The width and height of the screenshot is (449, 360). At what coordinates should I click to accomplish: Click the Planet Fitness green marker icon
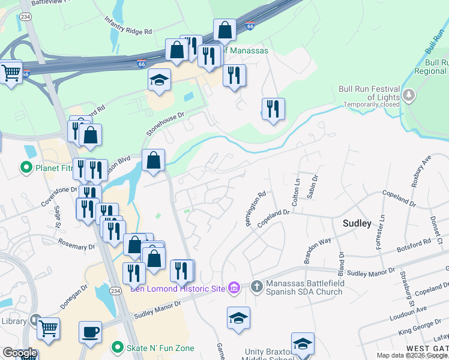26,167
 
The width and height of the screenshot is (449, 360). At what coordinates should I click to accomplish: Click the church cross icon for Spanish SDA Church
256,286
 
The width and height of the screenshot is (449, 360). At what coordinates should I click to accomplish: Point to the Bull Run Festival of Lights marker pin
409,95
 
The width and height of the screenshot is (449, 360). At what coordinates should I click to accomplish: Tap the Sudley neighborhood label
357,223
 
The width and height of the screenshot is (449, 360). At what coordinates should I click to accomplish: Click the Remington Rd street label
255,209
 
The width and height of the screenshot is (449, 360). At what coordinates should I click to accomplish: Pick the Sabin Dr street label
313,183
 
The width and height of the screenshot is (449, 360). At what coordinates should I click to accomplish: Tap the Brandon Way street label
318,250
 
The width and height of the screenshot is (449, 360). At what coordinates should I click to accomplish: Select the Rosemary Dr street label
76,245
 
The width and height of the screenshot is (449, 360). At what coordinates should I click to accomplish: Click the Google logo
20,353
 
